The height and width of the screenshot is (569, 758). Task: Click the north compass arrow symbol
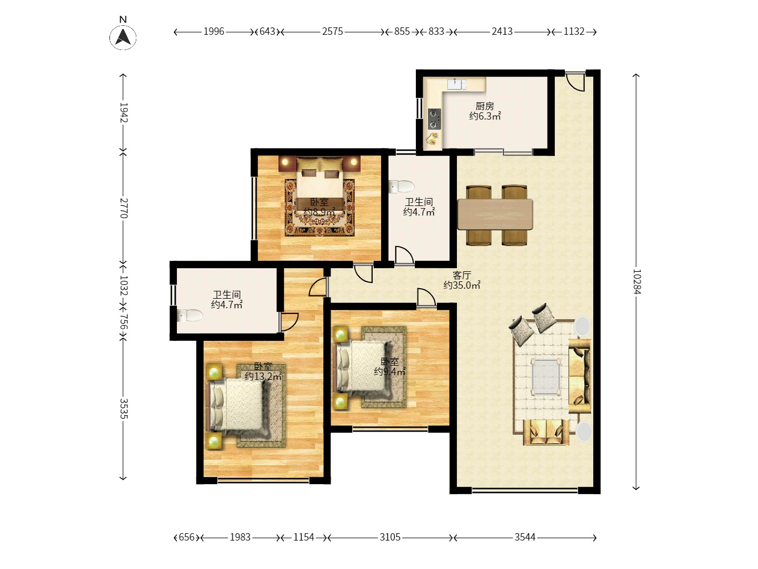pyautogui.click(x=123, y=37)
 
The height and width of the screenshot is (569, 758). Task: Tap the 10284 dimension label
pyautogui.click(x=636, y=281)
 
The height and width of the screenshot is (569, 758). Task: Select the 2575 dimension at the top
pyautogui.click(x=333, y=32)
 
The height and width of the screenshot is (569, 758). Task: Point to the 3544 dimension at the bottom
pyautogui.click(x=525, y=537)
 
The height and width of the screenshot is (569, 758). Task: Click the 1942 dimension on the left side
pyautogui.click(x=124, y=113)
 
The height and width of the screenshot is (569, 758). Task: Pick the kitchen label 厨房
pyautogui.click(x=485, y=106)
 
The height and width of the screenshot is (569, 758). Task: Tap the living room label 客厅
pyautogui.click(x=462, y=275)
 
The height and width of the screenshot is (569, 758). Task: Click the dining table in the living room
pyautogui.click(x=495, y=214)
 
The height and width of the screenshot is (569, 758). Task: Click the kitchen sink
pyautogui.click(x=456, y=84)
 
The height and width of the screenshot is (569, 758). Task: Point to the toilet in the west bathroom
pyautogui.click(x=189, y=315)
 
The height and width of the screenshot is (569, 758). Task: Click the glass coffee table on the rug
pyautogui.click(x=546, y=377)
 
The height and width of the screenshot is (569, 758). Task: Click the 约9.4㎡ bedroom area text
pyautogui.click(x=390, y=371)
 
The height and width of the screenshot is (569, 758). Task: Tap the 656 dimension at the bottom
pyautogui.click(x=186, y=537)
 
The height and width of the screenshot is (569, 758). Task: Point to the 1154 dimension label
pyautogui.click(x=304, y=537)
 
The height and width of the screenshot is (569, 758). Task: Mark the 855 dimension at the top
pyautogui.click(x=402, y=32)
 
